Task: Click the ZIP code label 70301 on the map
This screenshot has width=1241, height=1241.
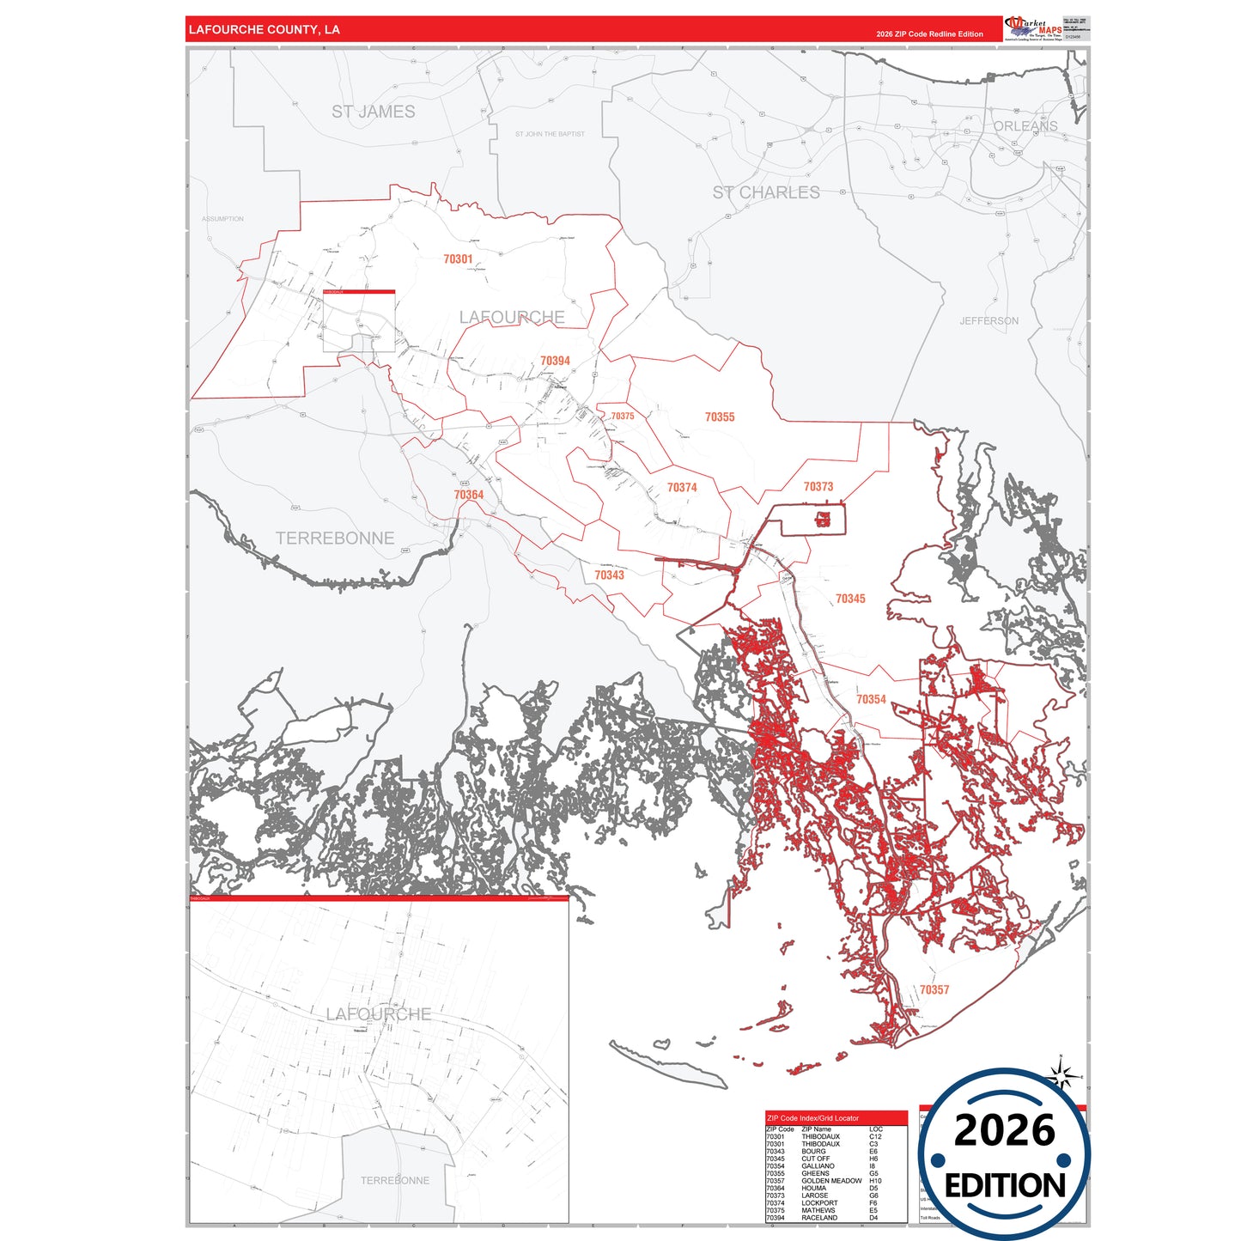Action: (458, 259)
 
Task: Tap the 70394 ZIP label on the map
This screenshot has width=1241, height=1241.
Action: (555, 361)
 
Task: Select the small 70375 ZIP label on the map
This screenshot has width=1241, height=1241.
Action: (622, 416)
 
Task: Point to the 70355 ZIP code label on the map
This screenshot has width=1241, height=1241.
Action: (719, 417)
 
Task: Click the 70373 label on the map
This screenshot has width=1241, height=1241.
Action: (818, 486)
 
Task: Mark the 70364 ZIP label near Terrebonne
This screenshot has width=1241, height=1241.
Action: (468, 495)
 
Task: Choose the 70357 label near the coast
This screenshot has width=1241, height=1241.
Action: (934, 989)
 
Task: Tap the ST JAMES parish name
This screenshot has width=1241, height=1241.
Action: (373, 112)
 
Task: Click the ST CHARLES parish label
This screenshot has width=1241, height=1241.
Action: (765, 192)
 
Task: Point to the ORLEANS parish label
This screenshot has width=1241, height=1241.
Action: (1025, 126)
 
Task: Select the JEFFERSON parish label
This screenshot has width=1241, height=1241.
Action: (989, 320)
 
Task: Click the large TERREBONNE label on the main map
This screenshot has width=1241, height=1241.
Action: (334, 538)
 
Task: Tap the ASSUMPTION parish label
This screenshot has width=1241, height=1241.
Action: (222, 219)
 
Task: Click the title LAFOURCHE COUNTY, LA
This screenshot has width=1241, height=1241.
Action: (264, 29)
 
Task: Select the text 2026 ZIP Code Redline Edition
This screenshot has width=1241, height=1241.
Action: (929, 34)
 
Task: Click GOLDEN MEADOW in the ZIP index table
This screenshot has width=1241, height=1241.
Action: (830, 1181)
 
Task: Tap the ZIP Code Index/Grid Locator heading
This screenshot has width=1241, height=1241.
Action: (812, 1118)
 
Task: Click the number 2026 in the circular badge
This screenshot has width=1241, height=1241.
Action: (1004, 1130)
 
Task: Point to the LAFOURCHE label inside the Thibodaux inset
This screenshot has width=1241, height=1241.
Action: (378, 1014)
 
